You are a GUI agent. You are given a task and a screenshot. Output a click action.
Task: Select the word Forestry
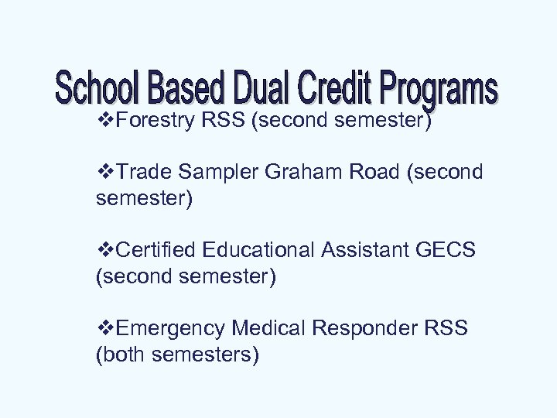pos(152,122)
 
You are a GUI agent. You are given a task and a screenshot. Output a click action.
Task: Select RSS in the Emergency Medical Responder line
pos(446,327)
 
